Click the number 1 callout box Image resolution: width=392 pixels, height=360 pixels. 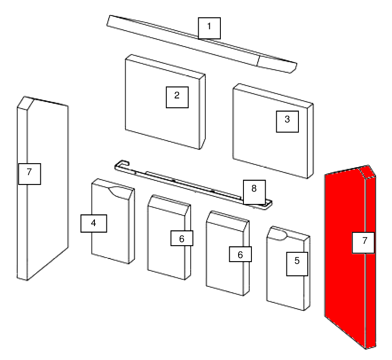(209, 28)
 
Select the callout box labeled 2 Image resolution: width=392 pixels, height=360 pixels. (177, 97)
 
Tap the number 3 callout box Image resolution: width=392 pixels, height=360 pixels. (287, 121)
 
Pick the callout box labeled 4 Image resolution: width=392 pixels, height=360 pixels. (94, 223)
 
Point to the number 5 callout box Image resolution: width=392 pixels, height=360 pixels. (297, 264)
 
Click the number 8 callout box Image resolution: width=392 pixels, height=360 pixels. (254, 192)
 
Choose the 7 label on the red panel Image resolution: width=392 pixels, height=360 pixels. (363, 243)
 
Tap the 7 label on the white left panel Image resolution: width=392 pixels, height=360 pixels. (30, 174)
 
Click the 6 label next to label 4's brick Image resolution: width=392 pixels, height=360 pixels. (182, 238)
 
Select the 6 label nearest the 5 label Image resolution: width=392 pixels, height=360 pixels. (240, 254)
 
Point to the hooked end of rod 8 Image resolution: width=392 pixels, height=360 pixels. (122, 164)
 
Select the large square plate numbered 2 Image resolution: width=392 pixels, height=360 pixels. (165, 102)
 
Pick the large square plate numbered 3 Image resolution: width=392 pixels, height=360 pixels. (273, 131)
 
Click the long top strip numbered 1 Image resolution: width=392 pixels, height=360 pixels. (202, 44)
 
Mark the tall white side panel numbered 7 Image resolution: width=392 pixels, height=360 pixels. (43, 188)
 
